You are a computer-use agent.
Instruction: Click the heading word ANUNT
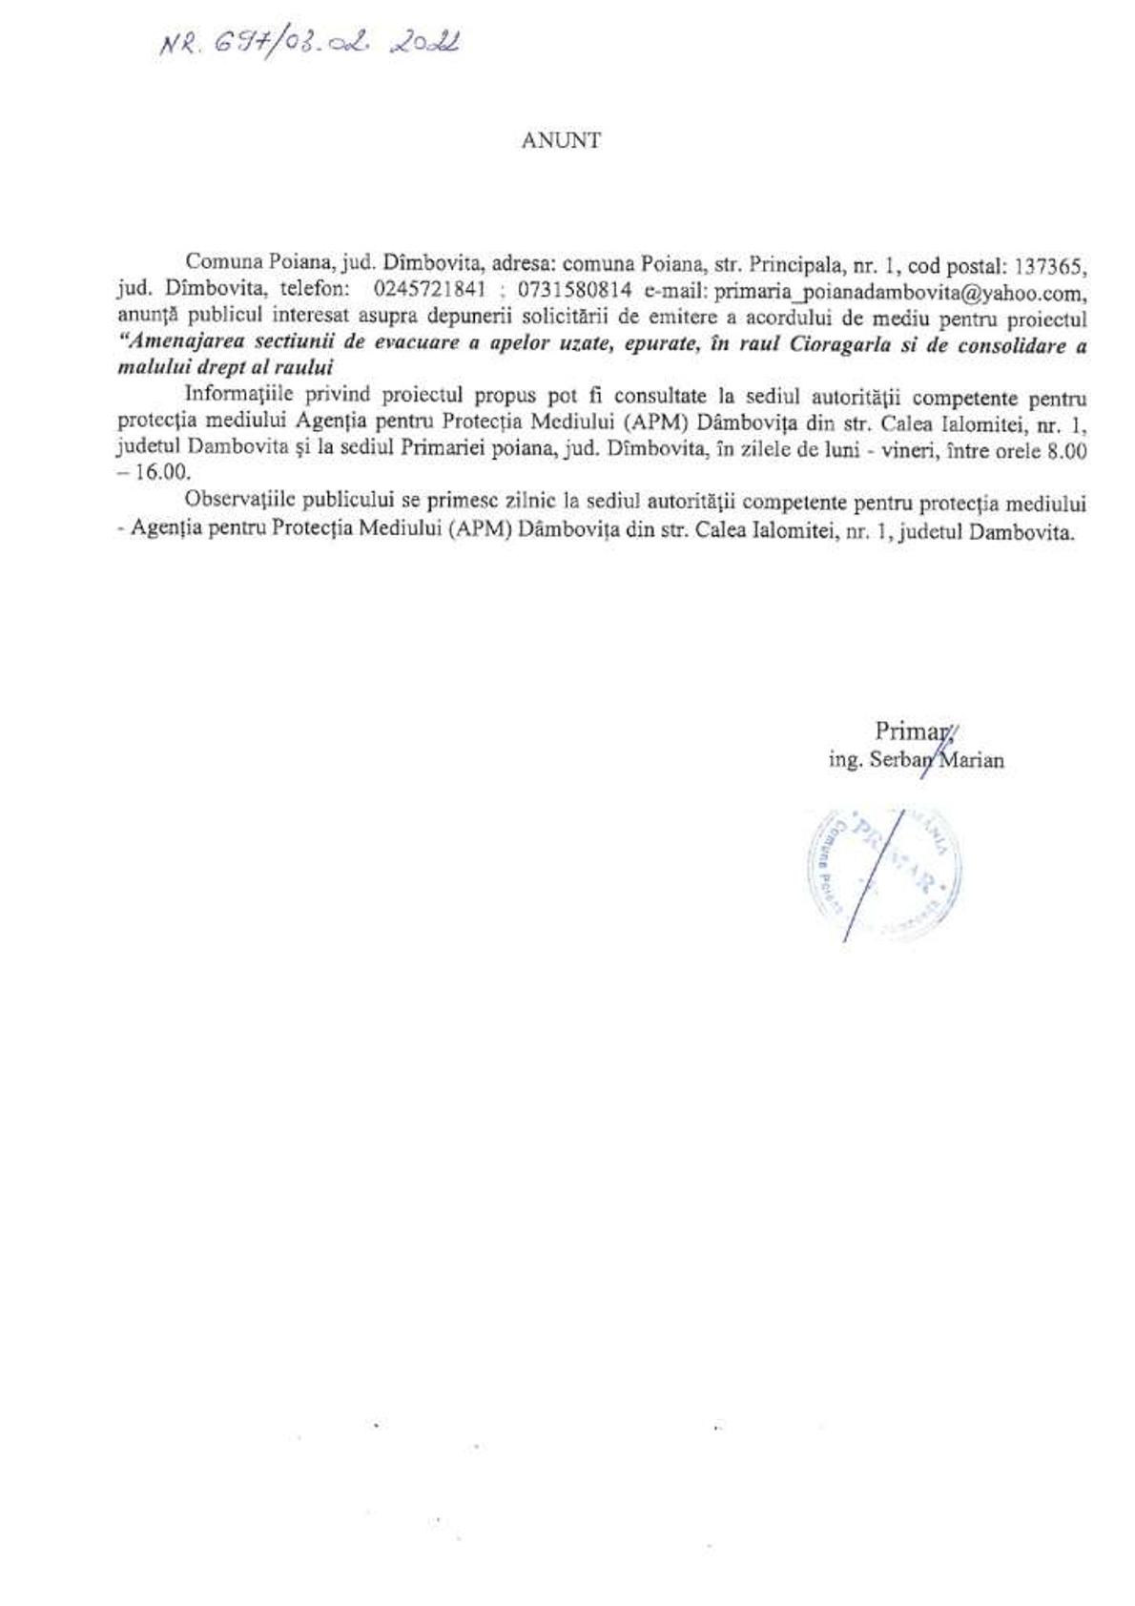561,140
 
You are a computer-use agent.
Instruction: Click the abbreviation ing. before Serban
844,760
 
